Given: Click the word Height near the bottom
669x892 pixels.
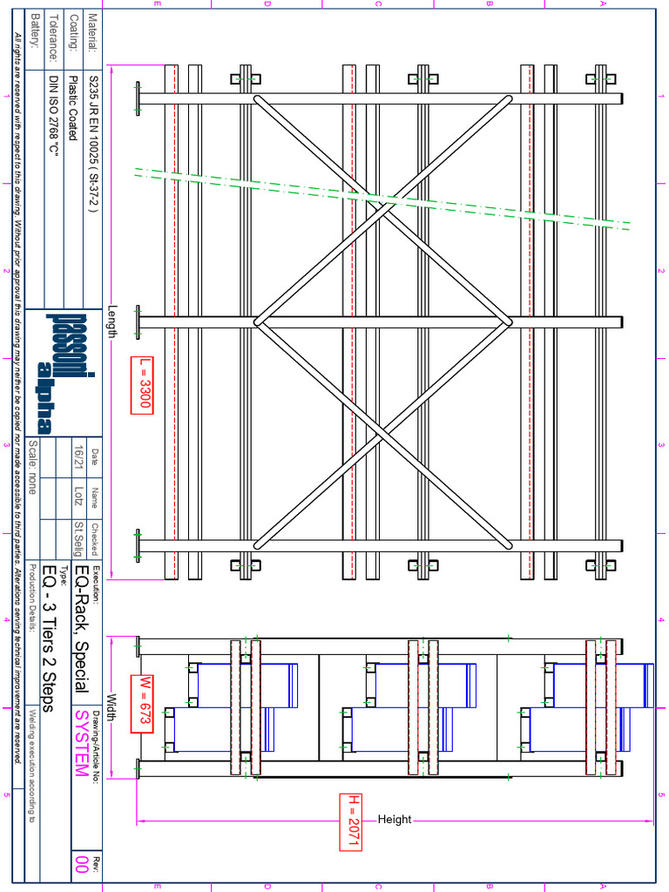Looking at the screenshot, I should click(394, 820).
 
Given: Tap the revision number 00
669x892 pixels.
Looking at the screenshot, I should click(81, 863).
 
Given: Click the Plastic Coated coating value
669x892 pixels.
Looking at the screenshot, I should click(73, 106).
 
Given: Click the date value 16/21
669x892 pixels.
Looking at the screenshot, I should click(79, 459).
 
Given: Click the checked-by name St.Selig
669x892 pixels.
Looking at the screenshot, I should click(79, 539).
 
